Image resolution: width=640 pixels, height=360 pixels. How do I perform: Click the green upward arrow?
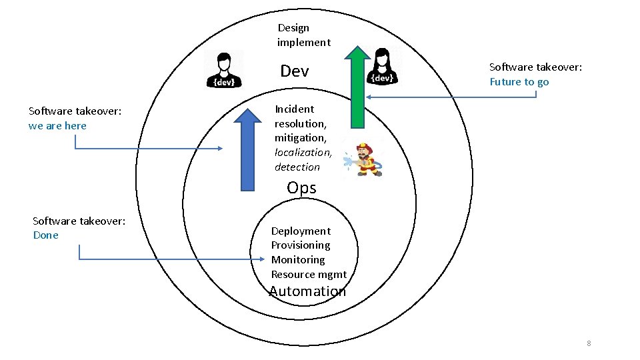pyautogui.click(x=358, y=87)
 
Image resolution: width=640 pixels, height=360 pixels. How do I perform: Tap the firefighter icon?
pyautogui.click(x=363, y=160)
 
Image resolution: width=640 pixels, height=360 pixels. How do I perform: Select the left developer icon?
pyautogui.click(x=224, y=69)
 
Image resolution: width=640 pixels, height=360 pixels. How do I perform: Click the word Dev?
pyautogui.click(x=295, y=71)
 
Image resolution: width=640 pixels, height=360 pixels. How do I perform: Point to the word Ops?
pyautogui.click(x=301, y=188)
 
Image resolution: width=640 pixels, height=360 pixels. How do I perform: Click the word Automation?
pyautogui.click(x=307, y=291)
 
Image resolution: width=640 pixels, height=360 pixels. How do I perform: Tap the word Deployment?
pyautogui.click(x=301, y=231)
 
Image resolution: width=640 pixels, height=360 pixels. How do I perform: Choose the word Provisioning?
pyautogui.click(x=301, y=245)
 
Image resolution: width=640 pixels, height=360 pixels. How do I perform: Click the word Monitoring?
pyautogui.click(x=298, y=260)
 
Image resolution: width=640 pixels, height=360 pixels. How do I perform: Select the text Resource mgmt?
pyautogui.click(x=309, y=275)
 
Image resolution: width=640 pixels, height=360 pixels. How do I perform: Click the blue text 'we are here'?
pyautogui.click(x=57, y=126)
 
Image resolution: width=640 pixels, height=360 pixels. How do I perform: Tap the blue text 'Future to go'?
pyautogui.click(x=519, y=82)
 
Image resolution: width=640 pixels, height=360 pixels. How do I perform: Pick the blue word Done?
pyautogui.click(x=46, y=235)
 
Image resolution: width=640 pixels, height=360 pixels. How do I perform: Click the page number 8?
pyautogui.click(x=589, y=343)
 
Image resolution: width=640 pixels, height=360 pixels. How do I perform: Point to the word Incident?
pyautogui.click(x=294, y=109)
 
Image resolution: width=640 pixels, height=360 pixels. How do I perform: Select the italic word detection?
pyautogui.click(x=297, y=167)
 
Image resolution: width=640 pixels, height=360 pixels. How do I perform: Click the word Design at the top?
pyautogui.click(x=293, y=28)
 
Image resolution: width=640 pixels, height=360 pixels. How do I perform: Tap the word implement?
pyautogui.click(x=304, y=43)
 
